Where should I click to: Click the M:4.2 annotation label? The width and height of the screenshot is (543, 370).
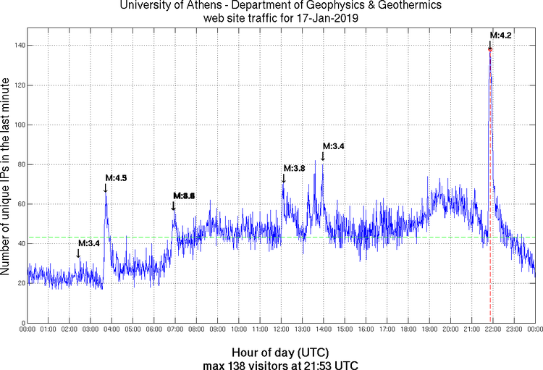pyautogui.click(x=501, y=35)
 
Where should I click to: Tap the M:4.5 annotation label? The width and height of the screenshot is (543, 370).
pyautogui.click(x=116, y=177)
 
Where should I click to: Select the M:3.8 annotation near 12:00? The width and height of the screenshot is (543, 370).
pyautogui.click(x=294, y=168)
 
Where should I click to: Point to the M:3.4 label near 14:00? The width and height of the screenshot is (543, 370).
pyautogui.click(x=333, y=146)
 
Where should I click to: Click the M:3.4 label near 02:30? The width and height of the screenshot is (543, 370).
pyautogui.click(x=88, y=243)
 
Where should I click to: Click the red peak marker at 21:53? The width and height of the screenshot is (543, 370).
pyautogui.click(x=490, y=49)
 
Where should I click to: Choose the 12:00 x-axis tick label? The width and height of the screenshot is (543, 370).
pyautogui.click(x=282, y=329)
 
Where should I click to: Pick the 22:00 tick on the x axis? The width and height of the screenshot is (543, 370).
pyautogui.click(x=493, y=329)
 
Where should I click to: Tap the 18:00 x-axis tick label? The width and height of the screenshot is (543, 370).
pyautogui.click(x=408, y=329)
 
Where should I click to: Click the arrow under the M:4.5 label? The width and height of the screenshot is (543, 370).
pyautogui.click(x=106, y=188)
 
